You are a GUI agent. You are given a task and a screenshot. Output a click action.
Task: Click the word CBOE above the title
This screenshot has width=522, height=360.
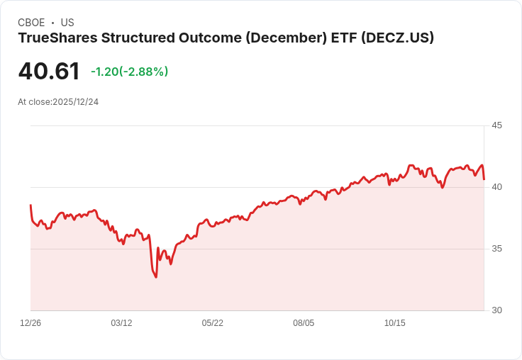click(x=31, y=23)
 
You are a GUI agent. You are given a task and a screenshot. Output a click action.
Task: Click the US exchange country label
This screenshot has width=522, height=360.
click(x=67, y=23)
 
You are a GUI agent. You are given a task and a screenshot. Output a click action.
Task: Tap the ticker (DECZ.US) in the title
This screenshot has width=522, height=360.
click(x=397, y=38)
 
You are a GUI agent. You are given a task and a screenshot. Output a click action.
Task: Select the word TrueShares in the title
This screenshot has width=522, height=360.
click(x=58, y=38)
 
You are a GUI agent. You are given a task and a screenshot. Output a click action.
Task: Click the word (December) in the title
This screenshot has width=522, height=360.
click(x=287, y=38)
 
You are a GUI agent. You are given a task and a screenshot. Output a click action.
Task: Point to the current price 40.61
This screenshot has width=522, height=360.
click(x=49, y=71)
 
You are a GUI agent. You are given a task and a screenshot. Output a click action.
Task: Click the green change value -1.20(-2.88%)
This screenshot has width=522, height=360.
click(x=130, y=72)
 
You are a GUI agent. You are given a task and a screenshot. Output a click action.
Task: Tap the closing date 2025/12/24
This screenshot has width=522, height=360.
click(x=76, y=102)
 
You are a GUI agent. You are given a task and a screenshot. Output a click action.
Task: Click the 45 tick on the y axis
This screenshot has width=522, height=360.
click(x=496, y=125)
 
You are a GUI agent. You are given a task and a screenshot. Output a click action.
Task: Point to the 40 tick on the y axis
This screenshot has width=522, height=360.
click(x=496, y=187)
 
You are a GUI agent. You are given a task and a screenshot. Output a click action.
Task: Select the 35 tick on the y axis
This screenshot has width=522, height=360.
click(x=496, y=249)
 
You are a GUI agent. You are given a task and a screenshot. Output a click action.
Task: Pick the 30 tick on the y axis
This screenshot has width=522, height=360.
click(x=496, y=310)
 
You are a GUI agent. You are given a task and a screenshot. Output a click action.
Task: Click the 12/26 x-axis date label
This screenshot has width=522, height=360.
click(x=30, y=323)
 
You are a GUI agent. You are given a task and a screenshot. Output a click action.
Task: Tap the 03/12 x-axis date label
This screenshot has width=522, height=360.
click(x=121, y=323)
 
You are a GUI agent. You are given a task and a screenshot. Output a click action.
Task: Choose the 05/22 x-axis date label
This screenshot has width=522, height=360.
click(x=212, y=323)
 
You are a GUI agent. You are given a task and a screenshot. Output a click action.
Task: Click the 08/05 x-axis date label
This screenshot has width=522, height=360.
click(x=304, y=323)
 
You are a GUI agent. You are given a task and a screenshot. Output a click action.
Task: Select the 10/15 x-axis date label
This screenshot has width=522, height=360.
click(x=395, y=323)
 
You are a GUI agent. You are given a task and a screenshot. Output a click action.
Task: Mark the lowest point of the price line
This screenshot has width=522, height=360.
click(x=156, y=277)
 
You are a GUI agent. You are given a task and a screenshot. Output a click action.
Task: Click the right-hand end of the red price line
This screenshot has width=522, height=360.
click(x=484, y=179)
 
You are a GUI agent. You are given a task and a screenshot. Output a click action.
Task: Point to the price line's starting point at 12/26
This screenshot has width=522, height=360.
click(x=30, y=205)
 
